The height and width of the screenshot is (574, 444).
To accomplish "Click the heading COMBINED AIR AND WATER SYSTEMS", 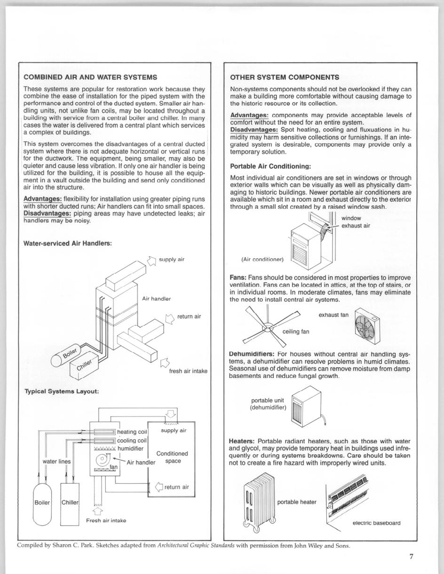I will tap(90, 77).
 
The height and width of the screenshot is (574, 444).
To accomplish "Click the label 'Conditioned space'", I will tap(172, 457).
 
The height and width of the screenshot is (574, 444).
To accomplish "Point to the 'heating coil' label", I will tap(132, 432).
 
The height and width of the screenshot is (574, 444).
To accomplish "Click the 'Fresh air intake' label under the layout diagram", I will tap(106, 520).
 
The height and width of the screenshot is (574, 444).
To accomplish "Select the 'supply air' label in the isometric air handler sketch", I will tap(172, 259).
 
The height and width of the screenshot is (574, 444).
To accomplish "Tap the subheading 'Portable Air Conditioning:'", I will tap(270, 166).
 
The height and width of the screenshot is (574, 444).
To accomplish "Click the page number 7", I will tap(411, 557).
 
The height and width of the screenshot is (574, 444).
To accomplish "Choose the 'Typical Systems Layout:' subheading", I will tap(61, 391).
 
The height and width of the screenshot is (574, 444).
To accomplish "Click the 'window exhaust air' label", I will tap(355, 222).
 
